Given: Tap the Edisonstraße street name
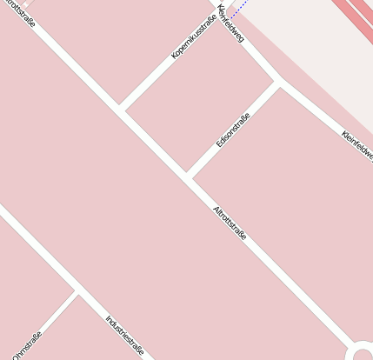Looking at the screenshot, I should click(x=233, y=130).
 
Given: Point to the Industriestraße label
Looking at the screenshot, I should click(x=124, y=336).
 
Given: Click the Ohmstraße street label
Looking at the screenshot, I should click(x=26, y=346).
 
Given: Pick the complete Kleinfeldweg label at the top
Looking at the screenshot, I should click(x=232, y=23).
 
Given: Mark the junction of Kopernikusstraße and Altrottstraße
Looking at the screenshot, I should click(x=123, y=110).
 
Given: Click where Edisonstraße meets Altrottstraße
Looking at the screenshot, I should click(x=189, y=177).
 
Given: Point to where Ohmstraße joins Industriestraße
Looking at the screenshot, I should click(x=77, y=291).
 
